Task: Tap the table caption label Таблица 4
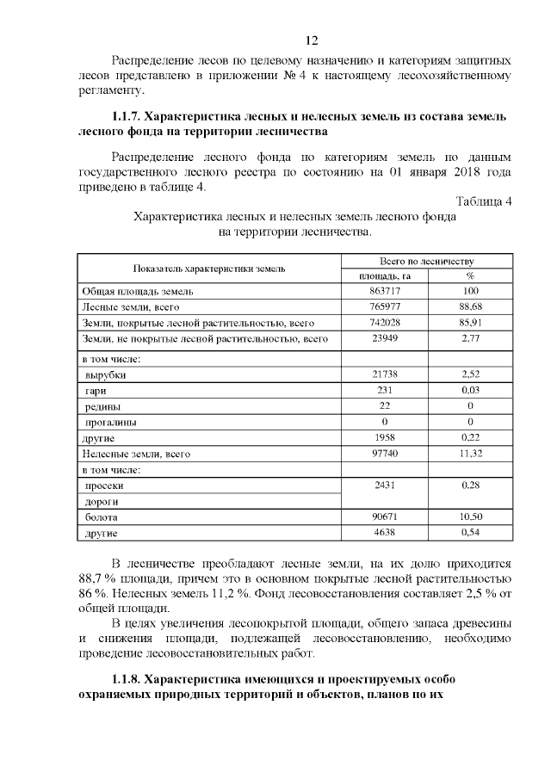click(483, 201)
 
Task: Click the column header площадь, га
click(385, 275)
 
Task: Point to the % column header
click(470, 275)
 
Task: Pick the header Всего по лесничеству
click(427, 261)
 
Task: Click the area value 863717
click(385, 292)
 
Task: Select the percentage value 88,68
click(470, 307)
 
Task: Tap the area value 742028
click(385, 324)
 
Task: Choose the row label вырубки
click(106, 375)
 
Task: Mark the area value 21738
click(385, 375)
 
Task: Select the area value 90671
click(385, 517)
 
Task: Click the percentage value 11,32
click(470, 454)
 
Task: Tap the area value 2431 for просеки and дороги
click(385, 486)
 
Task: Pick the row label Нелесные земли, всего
click(135, 454)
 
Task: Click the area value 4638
click(385, 534)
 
